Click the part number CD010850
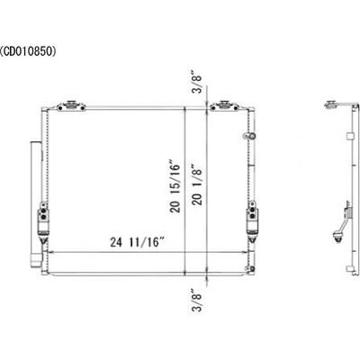(29, 51)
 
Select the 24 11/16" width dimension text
(124, 242)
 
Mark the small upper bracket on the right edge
(245, 135)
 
